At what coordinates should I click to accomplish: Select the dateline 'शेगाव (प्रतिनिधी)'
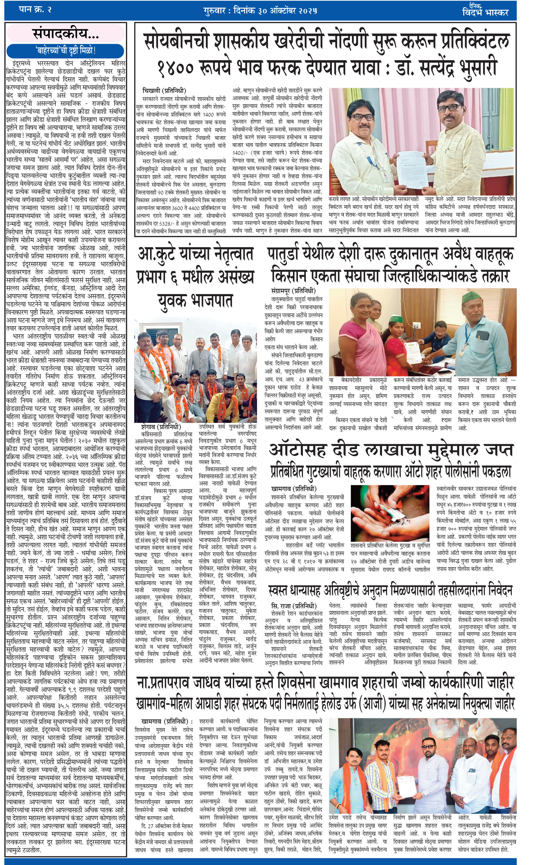point(161,427)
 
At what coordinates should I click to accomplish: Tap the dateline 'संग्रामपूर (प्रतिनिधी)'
point(293,291)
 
